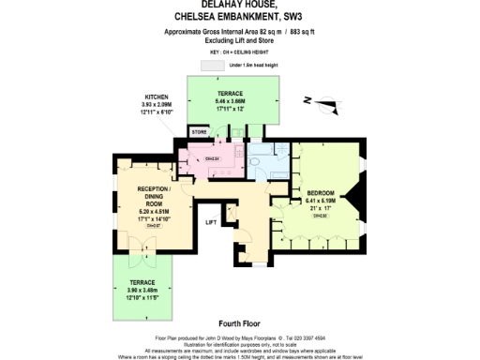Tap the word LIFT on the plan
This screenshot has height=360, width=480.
coord(213,222)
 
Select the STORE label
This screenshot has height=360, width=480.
coord(199,133)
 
